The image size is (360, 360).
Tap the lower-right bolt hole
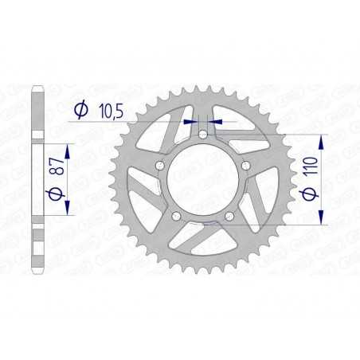[x=229, y=216]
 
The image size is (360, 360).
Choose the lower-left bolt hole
[x=175, y=216]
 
